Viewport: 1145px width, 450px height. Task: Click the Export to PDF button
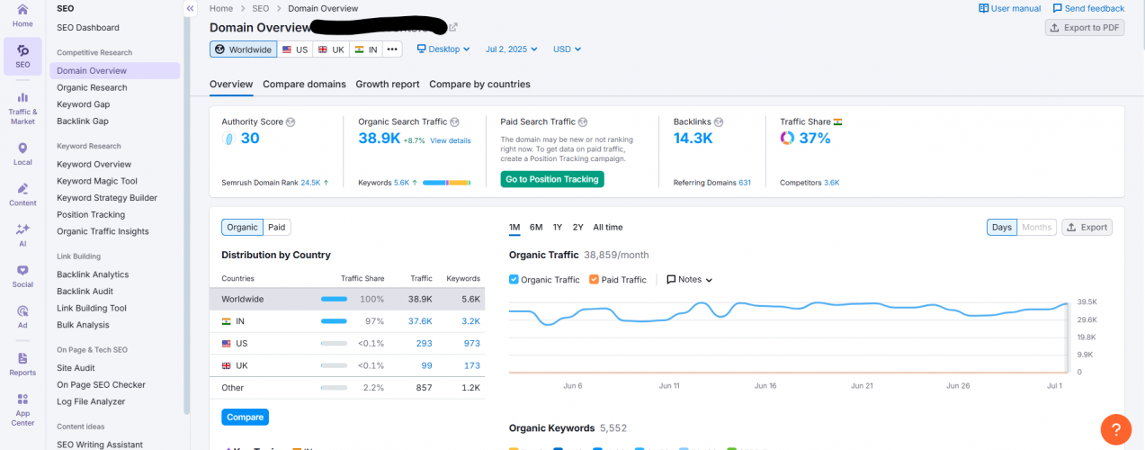[1085, 28]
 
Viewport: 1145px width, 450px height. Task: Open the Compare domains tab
[304, 85]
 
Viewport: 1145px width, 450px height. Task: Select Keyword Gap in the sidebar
[83, 104]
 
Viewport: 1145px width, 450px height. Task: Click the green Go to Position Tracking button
[551, 179]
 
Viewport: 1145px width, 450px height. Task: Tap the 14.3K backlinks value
[693, 139]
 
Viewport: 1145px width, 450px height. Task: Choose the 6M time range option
[536, 228]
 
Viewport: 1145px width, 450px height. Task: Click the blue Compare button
[245, 418]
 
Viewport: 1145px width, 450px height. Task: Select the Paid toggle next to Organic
[277, 228]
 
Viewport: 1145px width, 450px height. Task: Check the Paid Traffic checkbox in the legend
[595, 280]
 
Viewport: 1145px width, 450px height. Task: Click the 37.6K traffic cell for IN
[420, 321]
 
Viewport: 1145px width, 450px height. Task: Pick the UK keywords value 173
[471, 365]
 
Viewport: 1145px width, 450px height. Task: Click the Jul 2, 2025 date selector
[511, 49]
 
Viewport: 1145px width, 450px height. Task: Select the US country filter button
[294, 49]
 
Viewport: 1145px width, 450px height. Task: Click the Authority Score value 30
[249, 139]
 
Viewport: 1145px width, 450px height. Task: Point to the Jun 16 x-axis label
[765, 386]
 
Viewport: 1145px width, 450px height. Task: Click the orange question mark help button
[1115, 428]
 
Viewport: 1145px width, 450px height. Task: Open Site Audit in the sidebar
[76, 368]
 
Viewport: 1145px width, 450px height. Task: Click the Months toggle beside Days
[1036, 228]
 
